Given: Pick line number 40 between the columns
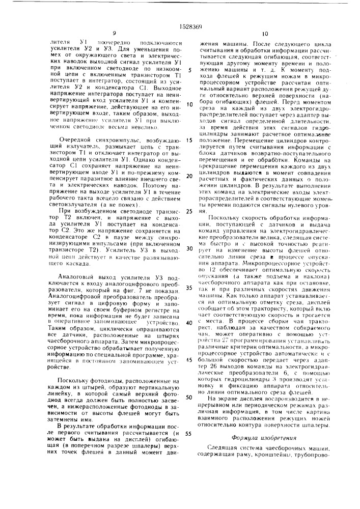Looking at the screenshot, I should click(189, 322).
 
